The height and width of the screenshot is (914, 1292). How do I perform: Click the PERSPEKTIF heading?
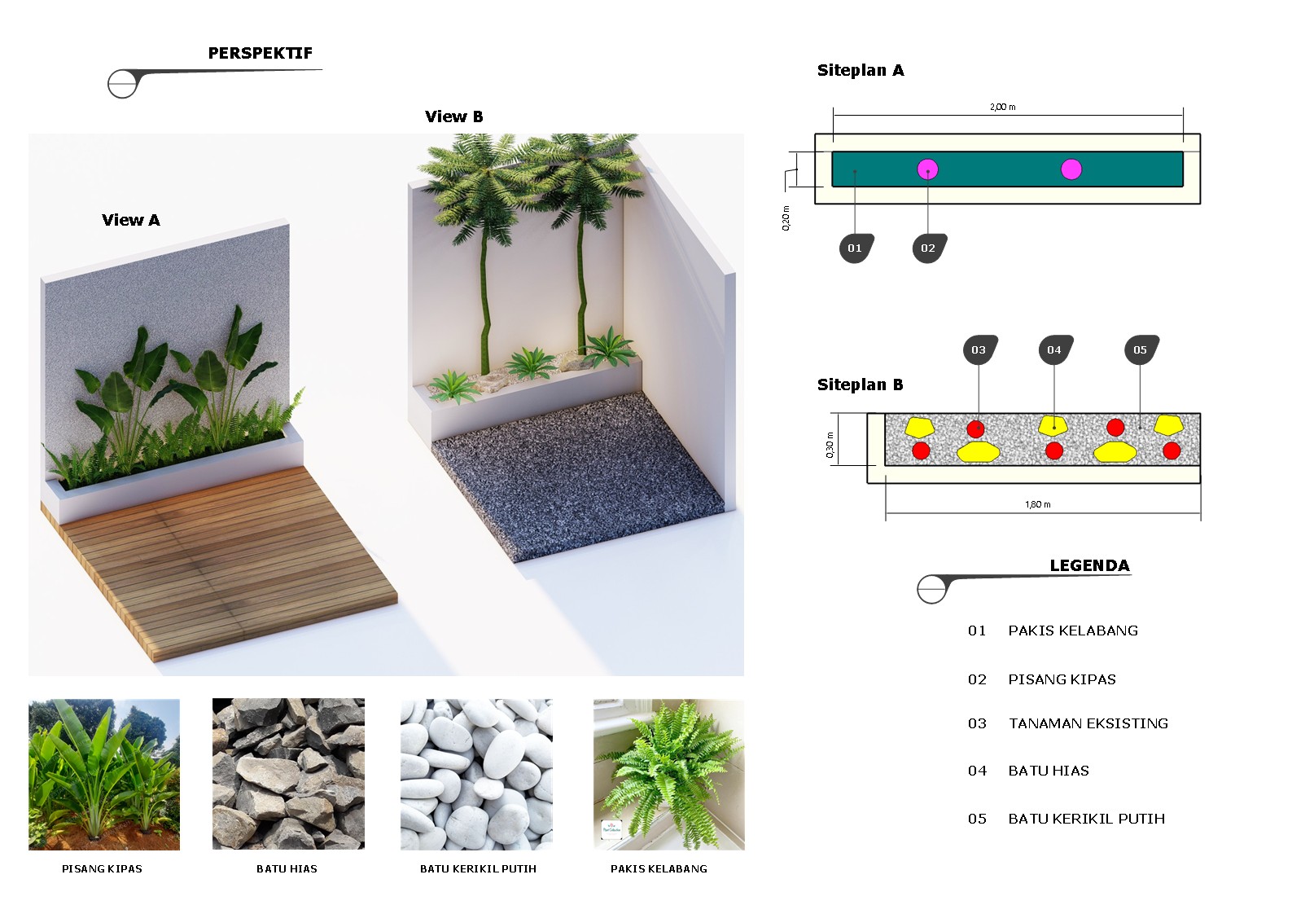click(261, 53)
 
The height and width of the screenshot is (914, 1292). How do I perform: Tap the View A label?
click(131, 220)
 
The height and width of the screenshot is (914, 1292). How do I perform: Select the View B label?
click(454, 116)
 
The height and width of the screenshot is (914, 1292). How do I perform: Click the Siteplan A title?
click(861, 70)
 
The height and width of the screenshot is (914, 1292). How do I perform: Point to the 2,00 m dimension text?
click(1003, 107)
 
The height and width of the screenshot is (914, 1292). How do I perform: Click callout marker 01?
click(856, 248)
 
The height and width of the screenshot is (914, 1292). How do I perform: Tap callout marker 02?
click(929, 248)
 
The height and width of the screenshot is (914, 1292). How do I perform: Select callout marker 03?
click(980, 349)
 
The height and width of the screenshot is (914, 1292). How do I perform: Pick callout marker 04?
click(1056, 349)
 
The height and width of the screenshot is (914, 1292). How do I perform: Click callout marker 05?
click(1141, 349)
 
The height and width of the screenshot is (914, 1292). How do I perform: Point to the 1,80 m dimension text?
click(1038, 504)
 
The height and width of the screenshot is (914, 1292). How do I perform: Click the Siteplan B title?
click(860, 384)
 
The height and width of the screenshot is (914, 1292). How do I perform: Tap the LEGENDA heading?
click(1089, 565)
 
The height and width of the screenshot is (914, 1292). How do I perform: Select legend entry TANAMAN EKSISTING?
click(1088, 723)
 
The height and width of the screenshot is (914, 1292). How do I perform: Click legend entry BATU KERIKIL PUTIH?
click(1087, 819)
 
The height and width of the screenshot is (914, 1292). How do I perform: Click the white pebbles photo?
click(476, 775)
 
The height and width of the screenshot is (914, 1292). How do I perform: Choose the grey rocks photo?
click(288, 775)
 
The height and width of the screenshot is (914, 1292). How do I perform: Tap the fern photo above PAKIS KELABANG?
click(669, 775)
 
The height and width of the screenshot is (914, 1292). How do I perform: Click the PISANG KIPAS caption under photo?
click(102, 869)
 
